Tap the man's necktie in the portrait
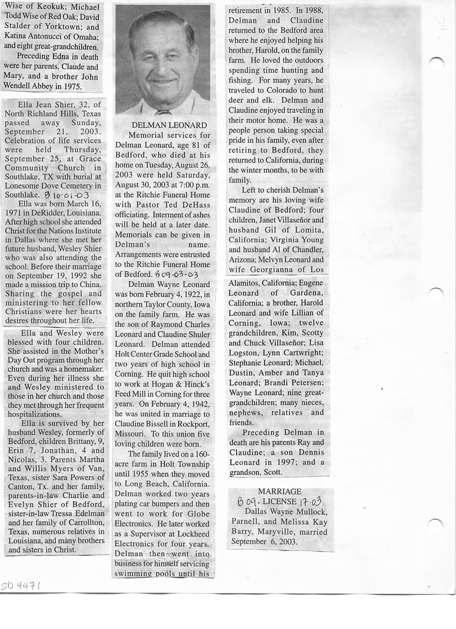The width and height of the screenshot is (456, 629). pos(162,112)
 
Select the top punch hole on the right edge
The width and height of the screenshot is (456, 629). pos(436,64)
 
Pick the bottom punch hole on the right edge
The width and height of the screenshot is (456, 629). pos(435,525)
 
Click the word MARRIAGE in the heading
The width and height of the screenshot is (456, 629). pos(280,491)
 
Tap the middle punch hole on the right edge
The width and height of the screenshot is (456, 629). pos(436,295)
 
